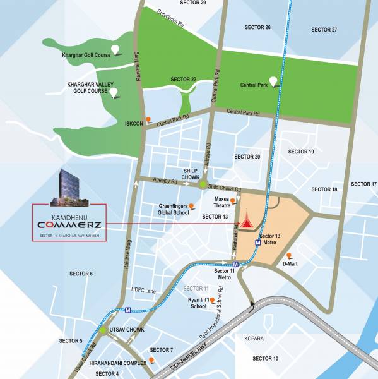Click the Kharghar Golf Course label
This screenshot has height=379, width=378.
click(x=85, y=56)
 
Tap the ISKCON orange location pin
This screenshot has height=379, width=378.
click(x=148, y=118)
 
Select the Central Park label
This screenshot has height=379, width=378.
click(x=254, y=84)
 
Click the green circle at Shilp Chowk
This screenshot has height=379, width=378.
click(x=203, y=185)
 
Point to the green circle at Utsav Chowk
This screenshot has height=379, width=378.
click(x=102, y=330)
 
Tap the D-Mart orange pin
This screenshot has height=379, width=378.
click(x=289, y=255)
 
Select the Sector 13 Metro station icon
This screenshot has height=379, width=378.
click(x=258, y=241)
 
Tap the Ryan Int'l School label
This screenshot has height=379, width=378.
click(x=199, y=303)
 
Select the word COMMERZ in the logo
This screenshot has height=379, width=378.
click(x=69, y=226)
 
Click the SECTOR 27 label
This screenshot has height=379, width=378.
click(x=324, y=30)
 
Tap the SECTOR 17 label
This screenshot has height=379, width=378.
click(x=363, y=184)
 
